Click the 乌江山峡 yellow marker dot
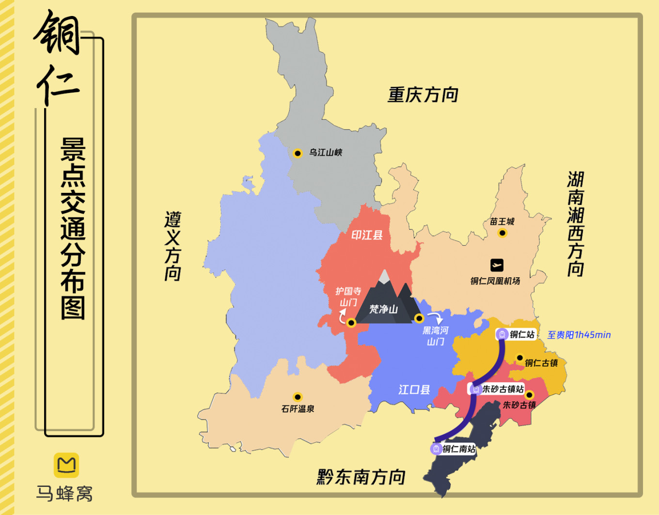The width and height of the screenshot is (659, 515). [x=298, y=153]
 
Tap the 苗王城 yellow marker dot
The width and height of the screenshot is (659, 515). [x=502, y=233]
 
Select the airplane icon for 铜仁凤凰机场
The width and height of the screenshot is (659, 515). [x=497, y=265]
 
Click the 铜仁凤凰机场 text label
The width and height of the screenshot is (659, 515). [x=495, y=281]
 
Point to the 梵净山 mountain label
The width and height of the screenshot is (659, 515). [x=383, y=309]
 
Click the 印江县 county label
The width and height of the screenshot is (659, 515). [x=367, y=235]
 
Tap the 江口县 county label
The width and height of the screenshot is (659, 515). [x=414, y=390]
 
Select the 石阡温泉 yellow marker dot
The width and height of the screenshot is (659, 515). [x=298, y=397]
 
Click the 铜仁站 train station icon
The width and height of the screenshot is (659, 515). [x=502, y=334]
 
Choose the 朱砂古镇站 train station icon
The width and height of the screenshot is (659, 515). [x=475, y=389]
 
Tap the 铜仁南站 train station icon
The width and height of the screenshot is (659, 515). [x=436, y=449]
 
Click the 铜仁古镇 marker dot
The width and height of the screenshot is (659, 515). [x=519, y=358]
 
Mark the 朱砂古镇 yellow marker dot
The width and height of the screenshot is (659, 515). [x=529, y=395]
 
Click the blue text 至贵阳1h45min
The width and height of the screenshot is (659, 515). [x=579, y=335]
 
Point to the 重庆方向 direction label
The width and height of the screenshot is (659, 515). [x=423, y=94]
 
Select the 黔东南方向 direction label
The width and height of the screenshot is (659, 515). [x=361, y=477]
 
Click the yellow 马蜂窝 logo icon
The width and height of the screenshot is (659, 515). [x=66, y=465]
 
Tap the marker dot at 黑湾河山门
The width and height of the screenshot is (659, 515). [x=419, y=318]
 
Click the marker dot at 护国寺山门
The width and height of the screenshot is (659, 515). [x=351, y=323]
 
